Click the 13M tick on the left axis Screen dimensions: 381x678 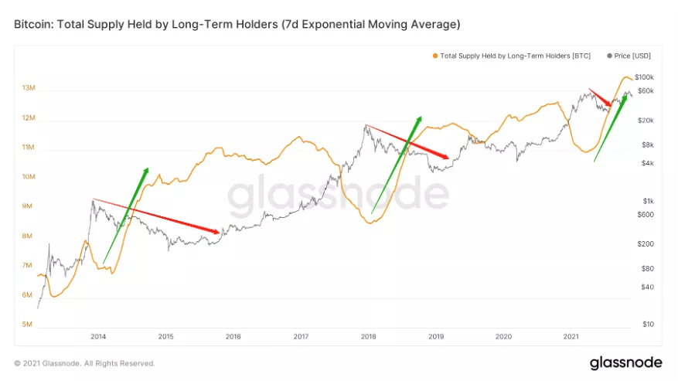click(28, 88)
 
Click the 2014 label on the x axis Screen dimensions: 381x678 click(98, 337)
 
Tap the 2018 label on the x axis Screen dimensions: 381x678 click(368, 337)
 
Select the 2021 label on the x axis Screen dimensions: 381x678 click(571, 337)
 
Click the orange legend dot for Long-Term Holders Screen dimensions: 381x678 click(435, 56)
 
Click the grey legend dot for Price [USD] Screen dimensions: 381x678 click(610, 56)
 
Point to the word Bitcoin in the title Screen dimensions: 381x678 click(32, 25)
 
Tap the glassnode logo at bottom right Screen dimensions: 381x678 click(625, 362)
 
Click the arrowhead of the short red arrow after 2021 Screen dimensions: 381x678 click(612, 105)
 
